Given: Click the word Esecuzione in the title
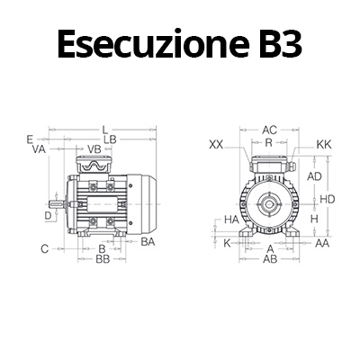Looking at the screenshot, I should (x=145, y=43).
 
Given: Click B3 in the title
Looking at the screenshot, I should (x=274, y=43).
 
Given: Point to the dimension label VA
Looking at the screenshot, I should (x=39, y=150).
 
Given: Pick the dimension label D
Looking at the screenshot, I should (x=48, y=215).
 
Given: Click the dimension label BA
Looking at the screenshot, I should (x=148, y=241).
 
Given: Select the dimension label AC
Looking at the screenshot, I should (x=270, y=130).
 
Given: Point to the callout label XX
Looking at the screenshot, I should (x=216, y=144).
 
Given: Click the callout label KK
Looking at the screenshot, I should (x=325, y=144).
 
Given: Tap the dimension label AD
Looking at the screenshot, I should (x=314, y=176).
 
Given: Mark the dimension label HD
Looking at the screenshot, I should (x=328, y=198).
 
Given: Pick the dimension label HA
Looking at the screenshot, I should (x=231, y=219).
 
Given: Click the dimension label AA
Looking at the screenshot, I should (x=320, y=243).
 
